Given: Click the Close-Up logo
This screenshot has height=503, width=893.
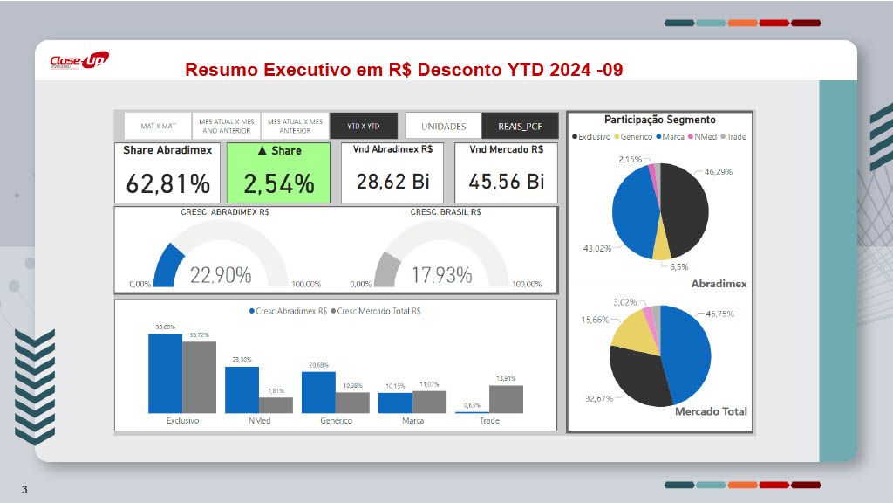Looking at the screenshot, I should (78, 61).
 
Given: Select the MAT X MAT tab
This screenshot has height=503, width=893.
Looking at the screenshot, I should (158, 126).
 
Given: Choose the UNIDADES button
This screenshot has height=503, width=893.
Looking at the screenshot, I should (443, 126).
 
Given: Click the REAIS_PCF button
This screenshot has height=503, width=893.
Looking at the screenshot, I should (521, 126).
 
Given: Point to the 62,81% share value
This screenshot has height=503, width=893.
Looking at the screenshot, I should (168, 183).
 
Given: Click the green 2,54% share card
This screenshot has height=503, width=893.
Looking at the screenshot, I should (278, 173).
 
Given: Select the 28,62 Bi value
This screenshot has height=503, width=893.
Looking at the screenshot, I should (392, 182).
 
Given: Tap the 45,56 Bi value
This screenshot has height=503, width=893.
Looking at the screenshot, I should (507, 182).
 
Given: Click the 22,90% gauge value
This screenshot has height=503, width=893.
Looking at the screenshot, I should (221, 275).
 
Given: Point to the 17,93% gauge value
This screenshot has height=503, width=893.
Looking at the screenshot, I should (441, 275).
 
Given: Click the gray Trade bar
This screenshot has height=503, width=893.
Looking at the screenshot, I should (506, 398).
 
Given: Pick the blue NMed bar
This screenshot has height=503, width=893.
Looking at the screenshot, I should (242, 389).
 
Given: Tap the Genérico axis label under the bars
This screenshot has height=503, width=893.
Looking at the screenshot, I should (336, 421).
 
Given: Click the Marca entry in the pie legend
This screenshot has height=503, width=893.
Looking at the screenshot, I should (671, 137).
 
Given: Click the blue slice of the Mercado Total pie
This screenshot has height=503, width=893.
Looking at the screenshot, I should (685, 358).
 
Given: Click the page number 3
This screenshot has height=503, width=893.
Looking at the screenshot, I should (24, 489).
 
